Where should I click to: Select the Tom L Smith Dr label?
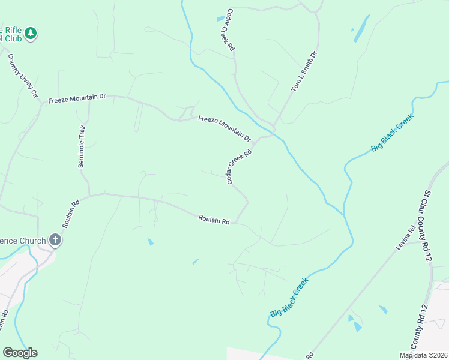click(304, 71)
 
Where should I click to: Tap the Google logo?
click(20, 353)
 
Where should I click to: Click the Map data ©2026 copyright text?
click(423, 355)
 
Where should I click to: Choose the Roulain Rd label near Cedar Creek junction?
click(214, 221)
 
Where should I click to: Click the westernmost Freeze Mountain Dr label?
click(76, 97)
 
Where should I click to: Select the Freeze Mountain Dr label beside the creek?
click(224, 129)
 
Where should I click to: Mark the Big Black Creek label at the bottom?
click(289, 298)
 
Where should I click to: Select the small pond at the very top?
click(220, 19)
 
